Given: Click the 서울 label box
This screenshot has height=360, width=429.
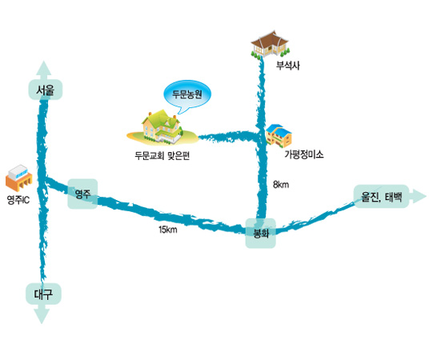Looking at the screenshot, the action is [x=46, y=90].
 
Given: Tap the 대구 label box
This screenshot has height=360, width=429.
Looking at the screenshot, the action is [x=43, y=294].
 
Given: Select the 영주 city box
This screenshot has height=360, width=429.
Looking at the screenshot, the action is [x=82, y=194].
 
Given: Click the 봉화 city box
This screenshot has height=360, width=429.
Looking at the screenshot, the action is [x=260, y=233].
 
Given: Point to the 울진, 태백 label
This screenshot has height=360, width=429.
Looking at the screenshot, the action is [x=382, y=197].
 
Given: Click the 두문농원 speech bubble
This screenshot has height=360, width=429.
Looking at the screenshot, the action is [x=187, y=96].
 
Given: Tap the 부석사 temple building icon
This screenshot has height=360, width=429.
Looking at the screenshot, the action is [x=270, y=44].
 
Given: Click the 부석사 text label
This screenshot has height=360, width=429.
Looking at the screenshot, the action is [x=288, y=66].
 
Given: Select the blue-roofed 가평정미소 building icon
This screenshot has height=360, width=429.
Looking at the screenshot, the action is [x=279, y=136].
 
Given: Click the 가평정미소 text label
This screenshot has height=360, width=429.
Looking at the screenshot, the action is [x=304, y=154].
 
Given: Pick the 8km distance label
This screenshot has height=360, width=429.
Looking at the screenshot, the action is [x=281, y=185].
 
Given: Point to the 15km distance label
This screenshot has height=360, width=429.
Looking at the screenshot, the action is [x=168, y=230].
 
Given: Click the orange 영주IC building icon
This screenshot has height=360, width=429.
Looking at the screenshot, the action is [x=19, y=178].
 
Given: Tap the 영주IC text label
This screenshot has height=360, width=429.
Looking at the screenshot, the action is [x=18, y=200].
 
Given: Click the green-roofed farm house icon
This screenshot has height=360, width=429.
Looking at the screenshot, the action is [x=162, y=127].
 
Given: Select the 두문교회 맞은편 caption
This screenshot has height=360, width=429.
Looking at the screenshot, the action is [x=162, y=156].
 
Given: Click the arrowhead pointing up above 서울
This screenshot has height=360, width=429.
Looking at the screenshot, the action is [x=44, y=68].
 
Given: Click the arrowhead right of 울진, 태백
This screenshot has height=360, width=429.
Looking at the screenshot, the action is [x=418, y=196].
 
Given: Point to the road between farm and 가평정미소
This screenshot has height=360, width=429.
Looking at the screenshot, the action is [x=228, y=137].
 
